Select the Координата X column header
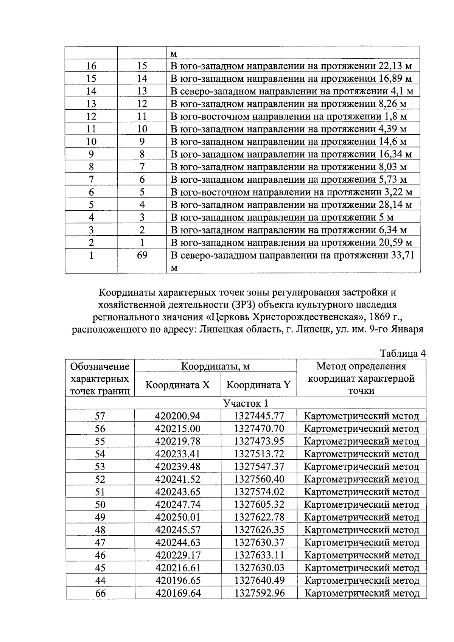coord(178,385)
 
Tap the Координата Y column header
coord(258,385)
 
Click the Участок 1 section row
coord(246,403)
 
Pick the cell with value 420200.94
coord(178,416)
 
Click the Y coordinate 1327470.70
coord(259,429)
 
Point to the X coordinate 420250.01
coord(178,517)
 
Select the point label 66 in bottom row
coord(100,593)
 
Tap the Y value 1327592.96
coord(259,593)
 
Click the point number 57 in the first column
coord(100,416)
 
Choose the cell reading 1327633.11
coord(259,555)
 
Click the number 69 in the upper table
coord(142,255)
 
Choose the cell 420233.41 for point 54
coord(178,454)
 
